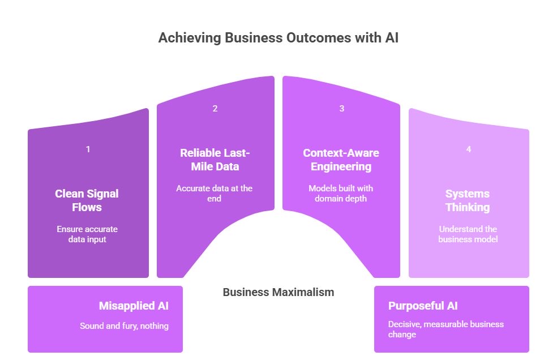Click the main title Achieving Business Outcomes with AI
278,38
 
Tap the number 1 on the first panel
88,149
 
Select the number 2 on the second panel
215,109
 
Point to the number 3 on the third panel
341,109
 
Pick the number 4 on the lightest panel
468,149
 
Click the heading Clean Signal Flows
87,200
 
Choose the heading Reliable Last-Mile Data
215,160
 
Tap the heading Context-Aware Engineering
341,160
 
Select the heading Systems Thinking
468,200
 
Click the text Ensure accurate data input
87,234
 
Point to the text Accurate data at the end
215,194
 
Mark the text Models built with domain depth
341,194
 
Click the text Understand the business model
468,234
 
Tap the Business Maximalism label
278,292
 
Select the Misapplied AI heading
134,306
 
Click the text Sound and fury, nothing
125,325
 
